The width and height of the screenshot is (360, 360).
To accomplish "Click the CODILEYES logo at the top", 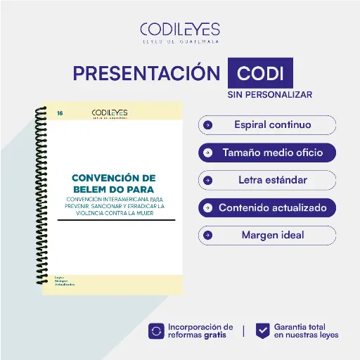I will [180, 32].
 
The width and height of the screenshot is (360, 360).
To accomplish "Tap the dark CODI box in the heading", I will [260, 73].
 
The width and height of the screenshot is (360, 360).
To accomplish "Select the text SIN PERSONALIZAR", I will [269, 94].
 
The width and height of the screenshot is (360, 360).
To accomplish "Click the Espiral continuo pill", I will [267, 125].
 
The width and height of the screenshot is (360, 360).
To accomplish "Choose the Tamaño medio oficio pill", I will [267, 152].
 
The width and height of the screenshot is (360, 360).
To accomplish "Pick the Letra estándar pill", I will [267, 180].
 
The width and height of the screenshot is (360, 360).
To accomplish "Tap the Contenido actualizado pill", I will [267, 207].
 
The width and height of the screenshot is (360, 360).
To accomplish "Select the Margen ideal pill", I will [267, 235].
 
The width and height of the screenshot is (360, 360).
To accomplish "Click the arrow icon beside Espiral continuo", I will [207, 125].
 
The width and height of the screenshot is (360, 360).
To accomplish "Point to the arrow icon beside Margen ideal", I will [207, 235].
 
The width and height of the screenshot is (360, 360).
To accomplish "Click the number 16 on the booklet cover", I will [60, 112].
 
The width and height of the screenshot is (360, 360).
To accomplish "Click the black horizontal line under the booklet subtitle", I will [116, 219].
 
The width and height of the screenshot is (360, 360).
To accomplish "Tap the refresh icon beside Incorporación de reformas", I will [156, 331].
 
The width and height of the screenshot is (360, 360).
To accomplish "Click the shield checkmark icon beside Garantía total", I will [262, 331].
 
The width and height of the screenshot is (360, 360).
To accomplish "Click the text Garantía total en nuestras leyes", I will [306, 331].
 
